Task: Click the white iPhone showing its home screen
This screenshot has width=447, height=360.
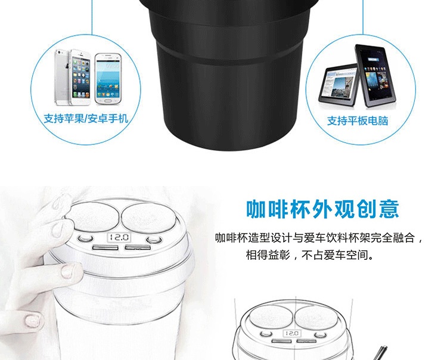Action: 80,77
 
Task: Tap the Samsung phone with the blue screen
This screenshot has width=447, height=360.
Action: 108,79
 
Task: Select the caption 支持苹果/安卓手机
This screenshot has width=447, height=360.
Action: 86,119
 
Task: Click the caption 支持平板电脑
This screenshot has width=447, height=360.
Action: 358,121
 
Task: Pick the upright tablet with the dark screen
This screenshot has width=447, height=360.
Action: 375,76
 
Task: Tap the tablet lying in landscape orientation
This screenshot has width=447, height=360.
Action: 339,85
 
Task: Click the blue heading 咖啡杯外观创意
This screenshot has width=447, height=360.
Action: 322,209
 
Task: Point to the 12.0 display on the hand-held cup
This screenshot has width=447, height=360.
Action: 119,237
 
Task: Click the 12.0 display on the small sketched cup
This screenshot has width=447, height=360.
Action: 292,333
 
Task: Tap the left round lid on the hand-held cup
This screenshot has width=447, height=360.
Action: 92,216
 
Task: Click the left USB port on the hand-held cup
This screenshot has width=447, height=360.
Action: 105,247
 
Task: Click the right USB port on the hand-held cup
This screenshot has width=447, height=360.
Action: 138,247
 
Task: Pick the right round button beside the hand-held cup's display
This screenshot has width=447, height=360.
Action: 154,240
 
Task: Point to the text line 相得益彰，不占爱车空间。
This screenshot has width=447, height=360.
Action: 310,255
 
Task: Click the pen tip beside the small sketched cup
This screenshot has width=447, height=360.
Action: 385,348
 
